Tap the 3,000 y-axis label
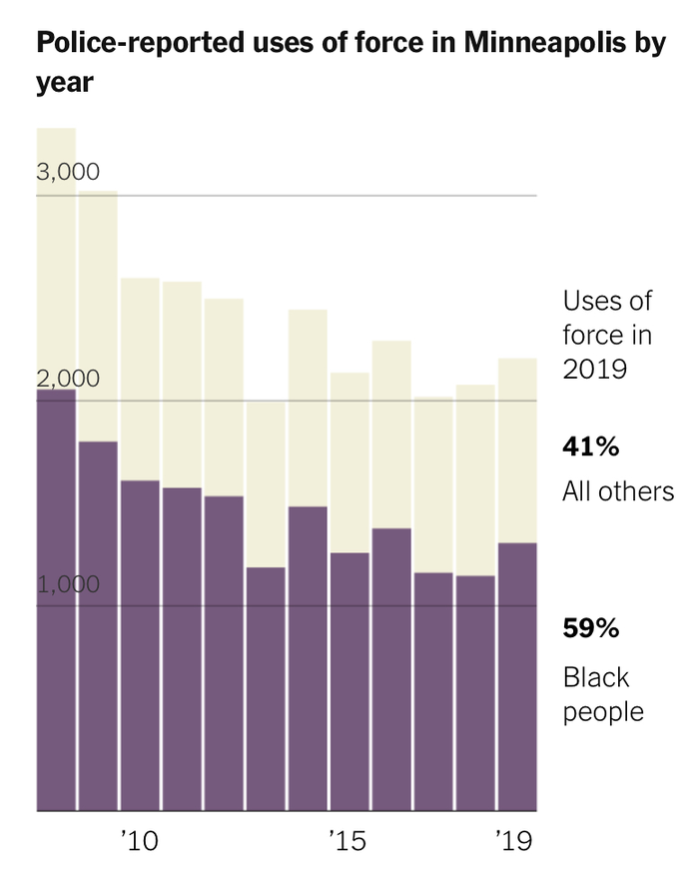click(x=68, y=172)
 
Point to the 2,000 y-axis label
click(x=68, y=379)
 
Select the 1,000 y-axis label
click(x=68, y=583)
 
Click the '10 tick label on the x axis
click(x=139, y=842)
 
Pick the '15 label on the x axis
click(x=349, y=842)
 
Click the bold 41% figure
click(x=591, y=446)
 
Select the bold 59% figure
click(x=591, y=629)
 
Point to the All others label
click(x=618, y=492)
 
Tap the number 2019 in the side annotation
click(x=594, y=370)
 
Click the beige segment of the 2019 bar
click(x=517, y=449)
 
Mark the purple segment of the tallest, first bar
click(x=56, y=599)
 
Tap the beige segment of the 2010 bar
click(x=140, y=379)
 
